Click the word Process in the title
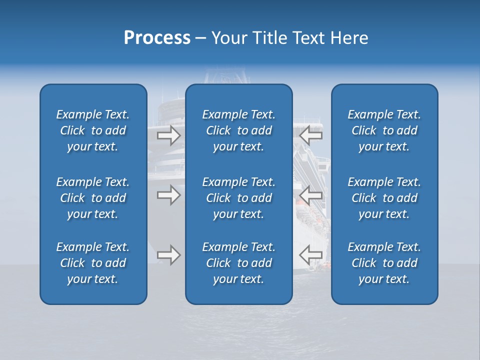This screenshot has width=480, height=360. [157, 38]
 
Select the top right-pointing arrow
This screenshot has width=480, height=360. [168, 135]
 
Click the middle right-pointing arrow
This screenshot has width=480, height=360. [168, 195]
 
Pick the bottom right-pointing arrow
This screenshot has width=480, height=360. [168, 255]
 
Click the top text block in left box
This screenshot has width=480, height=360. [93, 130]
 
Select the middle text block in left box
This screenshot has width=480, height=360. [93, 198]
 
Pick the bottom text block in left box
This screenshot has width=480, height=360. [93, 263]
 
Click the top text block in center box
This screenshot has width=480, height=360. [239, 130]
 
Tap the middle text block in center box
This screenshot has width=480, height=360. [239, 198]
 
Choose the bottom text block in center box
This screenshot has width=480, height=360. [239, 263]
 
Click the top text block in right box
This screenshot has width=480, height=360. [384, 130]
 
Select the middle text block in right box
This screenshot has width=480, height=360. [384, 198]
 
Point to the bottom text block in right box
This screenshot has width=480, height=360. [384, 263]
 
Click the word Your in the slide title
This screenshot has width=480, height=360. [228, 38]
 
